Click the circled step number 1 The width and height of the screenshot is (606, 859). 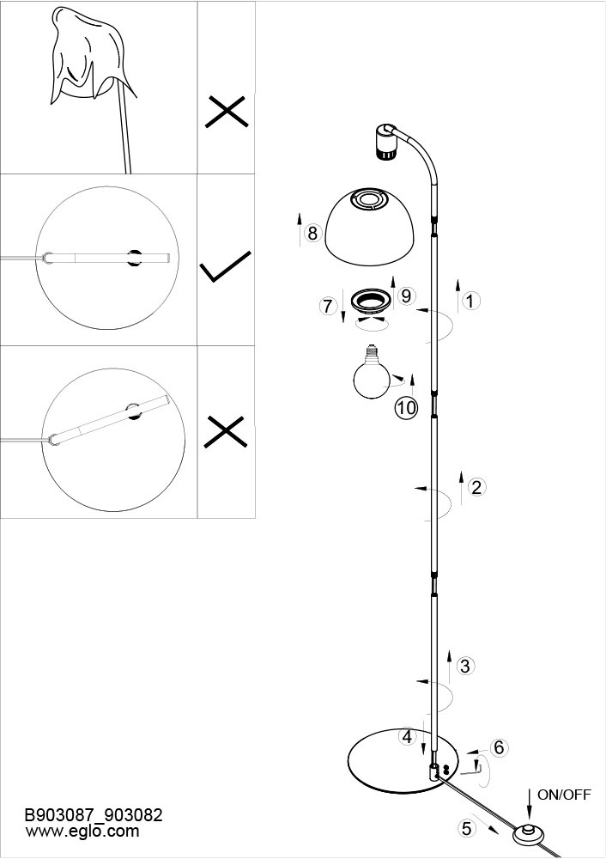coord(470,301)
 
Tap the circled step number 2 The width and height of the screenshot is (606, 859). coord(476,487)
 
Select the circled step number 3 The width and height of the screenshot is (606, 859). coord(465,667)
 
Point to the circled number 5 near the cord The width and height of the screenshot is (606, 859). coord(466,828)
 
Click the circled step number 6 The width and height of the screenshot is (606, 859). coord(499,747)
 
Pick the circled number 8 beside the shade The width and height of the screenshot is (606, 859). coord(312,234)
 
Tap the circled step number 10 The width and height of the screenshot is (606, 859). coord(407,407)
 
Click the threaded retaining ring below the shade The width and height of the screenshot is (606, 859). coord(371,300)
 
